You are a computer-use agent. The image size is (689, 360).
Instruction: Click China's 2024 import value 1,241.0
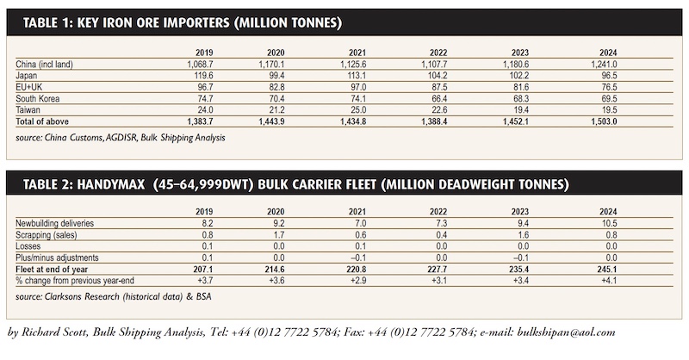point(604,65)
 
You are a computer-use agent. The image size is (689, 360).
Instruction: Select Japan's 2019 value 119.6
point(203,76)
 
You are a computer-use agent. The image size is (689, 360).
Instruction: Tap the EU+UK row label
point(29,87)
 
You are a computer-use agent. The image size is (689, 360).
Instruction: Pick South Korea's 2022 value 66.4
point(439,98)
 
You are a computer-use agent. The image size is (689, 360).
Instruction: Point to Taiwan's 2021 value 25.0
point(358,110)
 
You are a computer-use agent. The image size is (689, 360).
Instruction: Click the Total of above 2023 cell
point(515,121)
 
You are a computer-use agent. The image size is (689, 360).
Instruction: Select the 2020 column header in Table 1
point(276,53)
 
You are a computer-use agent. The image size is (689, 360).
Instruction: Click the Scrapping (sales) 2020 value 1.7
point(278,235)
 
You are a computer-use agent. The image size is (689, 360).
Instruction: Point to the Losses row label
point(28,246)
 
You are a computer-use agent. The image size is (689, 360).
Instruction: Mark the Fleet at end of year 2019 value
point(203,269)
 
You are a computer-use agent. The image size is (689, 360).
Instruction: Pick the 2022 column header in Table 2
point(438,212)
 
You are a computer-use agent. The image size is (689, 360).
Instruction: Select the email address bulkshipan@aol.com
point(566,332)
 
